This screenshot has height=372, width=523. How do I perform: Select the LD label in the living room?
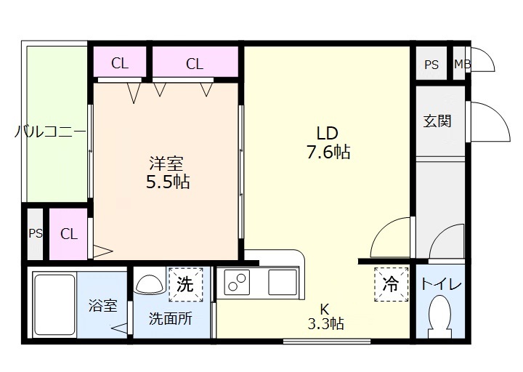pos(327,133)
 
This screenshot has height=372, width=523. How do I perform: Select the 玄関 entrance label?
pos(437,121)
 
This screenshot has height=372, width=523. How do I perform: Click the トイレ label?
pos(442,284)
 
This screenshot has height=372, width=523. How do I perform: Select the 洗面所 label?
pos(171,318)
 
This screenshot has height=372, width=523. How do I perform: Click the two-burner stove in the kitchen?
pos(238,280)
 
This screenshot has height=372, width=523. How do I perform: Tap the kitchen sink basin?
pos(282,280)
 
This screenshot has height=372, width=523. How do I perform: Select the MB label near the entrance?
pos(462,64)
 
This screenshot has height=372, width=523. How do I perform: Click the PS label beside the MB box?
pos(431,64)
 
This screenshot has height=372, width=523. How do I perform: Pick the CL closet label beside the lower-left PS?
pos(69,234)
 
